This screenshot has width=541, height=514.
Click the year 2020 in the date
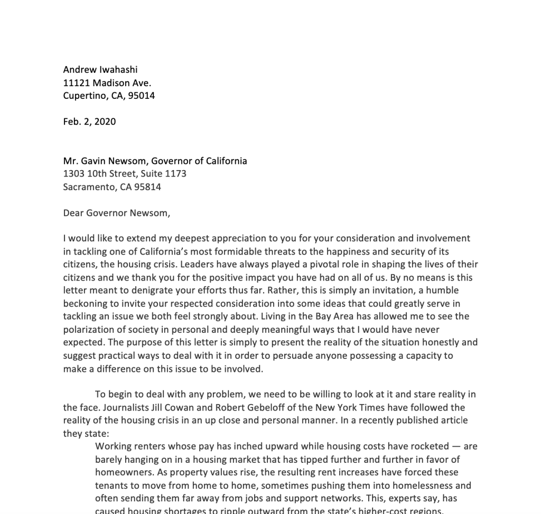point(105,122)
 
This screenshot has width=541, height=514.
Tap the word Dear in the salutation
point(73,213)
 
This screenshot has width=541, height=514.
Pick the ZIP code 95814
point(148,187)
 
